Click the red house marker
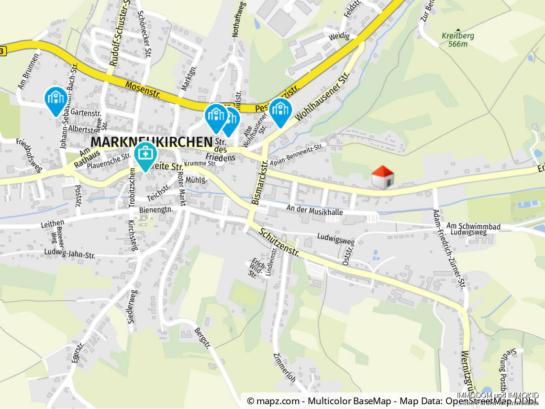382,177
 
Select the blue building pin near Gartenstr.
56,99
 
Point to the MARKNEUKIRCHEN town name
151,142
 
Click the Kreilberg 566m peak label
458,40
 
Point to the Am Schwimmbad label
467,225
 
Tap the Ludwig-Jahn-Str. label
70,253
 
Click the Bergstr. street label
203,338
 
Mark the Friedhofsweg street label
29,155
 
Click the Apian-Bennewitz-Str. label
297,155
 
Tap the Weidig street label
339,36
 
